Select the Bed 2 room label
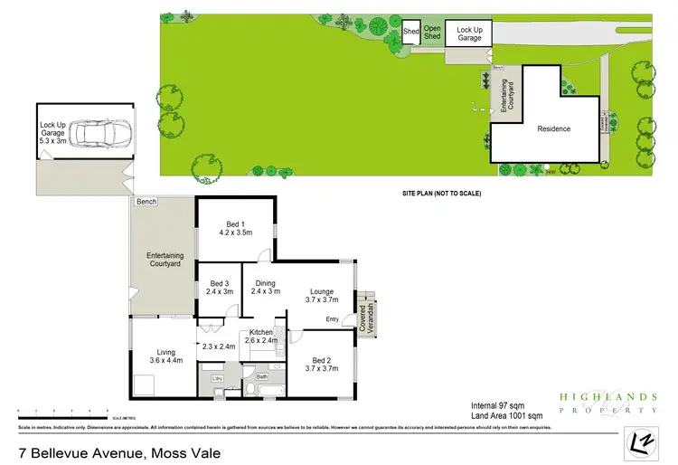point(321,363)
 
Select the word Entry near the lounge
point(333,318)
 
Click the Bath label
point(262,377)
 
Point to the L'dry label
point(217,377)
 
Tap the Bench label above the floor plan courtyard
point(146,201)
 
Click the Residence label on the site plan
point(553,128)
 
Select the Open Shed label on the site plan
point(432,33)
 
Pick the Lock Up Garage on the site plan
point(469,34)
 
